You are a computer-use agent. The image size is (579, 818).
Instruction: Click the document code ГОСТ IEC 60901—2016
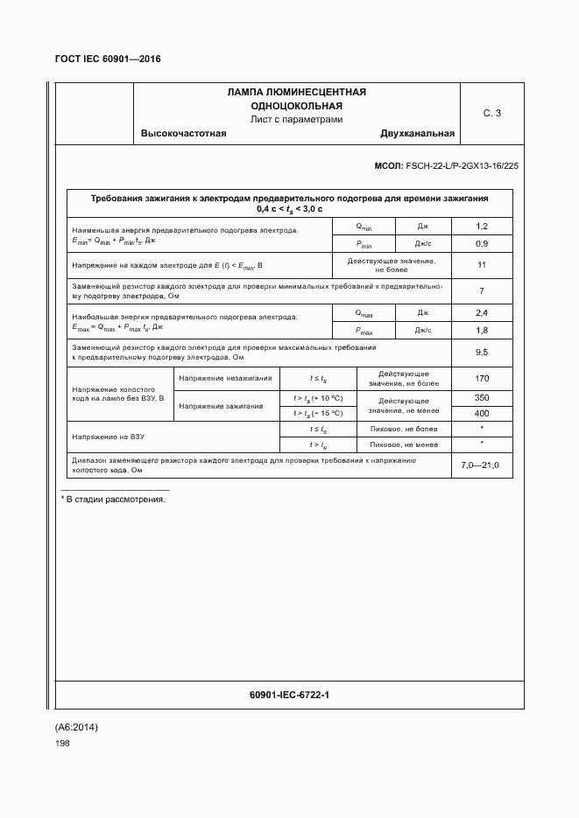(x=109, y=59)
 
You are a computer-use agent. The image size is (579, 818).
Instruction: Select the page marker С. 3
(x=491, y=113)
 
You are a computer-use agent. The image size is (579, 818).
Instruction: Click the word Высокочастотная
(x=183, y=134)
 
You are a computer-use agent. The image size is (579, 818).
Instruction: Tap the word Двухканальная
(x=417, y=134)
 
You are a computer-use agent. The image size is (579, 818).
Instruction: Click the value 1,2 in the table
(x=481, y=226)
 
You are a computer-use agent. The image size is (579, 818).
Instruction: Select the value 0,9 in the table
(x=481, y=243)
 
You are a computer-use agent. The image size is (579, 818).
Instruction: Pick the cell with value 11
(x=481, y=265)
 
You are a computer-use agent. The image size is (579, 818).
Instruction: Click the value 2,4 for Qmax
(x=481, y=312)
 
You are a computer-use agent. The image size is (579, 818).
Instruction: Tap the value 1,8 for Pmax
(x=481, y=330)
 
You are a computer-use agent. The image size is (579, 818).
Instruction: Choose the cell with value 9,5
(x=481, y=353)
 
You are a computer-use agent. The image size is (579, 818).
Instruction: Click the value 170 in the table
(x=481, y=379)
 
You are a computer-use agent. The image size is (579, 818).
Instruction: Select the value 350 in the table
(x=481, y=397)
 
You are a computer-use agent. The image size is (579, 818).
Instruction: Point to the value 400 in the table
(x=481, y=413)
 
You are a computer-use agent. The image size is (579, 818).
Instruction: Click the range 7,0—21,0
(x=480, y=465)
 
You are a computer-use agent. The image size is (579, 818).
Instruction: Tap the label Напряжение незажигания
(x=225, y=379)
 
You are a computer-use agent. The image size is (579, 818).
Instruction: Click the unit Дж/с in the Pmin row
(x=422, y=243)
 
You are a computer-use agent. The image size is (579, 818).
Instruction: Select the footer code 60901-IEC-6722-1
(x=289, y=695)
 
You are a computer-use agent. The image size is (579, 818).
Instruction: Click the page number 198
(x=62, y=743)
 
